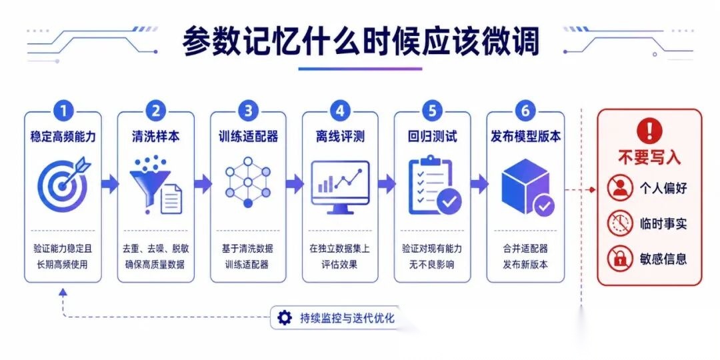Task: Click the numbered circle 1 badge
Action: [63, 111]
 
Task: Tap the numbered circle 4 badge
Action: [340, 111]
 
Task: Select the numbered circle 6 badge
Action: [525, 111]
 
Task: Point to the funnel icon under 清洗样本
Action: [155, 185]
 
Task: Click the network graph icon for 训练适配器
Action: [248, 182]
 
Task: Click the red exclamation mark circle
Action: [649, 131]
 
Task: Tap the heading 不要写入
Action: [649, 157]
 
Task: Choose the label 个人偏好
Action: [663, 187]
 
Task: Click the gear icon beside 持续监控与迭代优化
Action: [285, 318]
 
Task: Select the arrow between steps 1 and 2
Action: [109, 184]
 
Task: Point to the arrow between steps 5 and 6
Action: [479, 184]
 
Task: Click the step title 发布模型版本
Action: [525, 137]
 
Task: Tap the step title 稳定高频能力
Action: [63, 137]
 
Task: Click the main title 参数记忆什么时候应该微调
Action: [361, 42]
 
